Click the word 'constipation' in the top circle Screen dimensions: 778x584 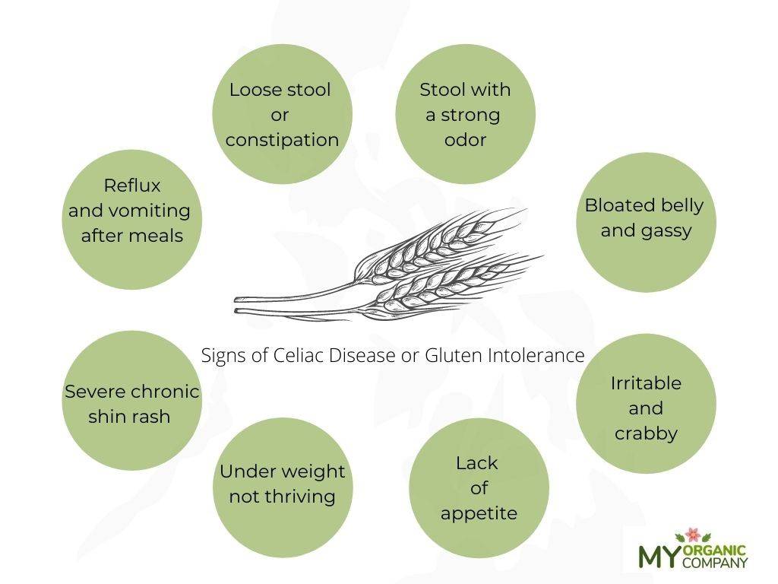click(x=282, y=141)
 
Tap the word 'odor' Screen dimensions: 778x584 click(x=465, y=140)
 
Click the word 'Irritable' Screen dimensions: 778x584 click(x=646, y=383)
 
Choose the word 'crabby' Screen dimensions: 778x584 click(x=646, y=433)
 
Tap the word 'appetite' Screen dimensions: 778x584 click(x=479, y=513)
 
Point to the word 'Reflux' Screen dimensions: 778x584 click(x=132, y=186)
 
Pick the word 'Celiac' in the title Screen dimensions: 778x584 click(x=299, y=356)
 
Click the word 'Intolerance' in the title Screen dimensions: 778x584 click(x=536, y=356)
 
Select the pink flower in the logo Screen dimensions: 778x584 click(x=693, y=535)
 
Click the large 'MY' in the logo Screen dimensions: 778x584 click(x=659, y=556)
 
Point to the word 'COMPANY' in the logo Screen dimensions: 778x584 click(x=715, y=563)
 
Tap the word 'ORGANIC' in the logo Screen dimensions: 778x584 click(x=715, y=551)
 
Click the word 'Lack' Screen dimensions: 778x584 click(x=477, y=463)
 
